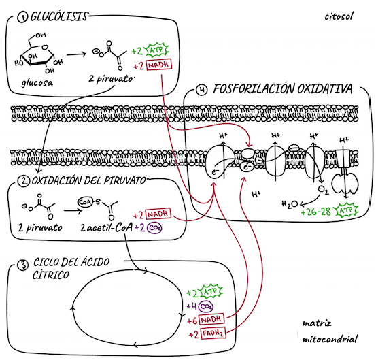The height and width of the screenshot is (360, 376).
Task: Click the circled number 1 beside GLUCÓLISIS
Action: (x=22, y=18)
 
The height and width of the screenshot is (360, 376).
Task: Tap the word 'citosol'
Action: (x=339, y=16)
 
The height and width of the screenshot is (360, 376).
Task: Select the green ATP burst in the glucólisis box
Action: (x=157, y=50)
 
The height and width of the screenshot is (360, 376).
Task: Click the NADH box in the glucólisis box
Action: (x=159, y=65)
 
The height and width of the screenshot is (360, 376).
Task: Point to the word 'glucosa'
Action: (x=37, y=83)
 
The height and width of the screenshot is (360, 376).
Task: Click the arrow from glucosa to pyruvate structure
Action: (x=76, y=54)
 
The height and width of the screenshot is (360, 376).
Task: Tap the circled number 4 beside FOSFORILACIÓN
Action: (x=201, y=90)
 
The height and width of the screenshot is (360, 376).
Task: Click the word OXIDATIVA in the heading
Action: (x=325, y=88)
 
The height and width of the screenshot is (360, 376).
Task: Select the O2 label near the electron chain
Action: (x=323, y=190)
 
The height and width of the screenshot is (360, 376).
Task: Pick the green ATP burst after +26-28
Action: (x=347, y=210)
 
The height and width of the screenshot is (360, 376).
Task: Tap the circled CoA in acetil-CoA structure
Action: (x=84, y=202)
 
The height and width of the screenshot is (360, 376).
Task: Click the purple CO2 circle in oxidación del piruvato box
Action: (x=154, y=228)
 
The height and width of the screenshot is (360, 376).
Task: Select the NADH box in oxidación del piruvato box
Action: (x=158, y=214)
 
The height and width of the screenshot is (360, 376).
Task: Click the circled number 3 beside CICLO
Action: (x=23, y=265)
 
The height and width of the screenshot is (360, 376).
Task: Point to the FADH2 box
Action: (x=213, y=333)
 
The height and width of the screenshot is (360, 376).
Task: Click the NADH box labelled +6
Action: (x=211, y=319)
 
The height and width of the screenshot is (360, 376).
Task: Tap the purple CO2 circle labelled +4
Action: (x=206, y=306)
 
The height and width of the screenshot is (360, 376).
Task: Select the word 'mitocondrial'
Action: (x=330, y=340)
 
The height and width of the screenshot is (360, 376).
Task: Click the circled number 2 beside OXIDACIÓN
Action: (x=24, y=181)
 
